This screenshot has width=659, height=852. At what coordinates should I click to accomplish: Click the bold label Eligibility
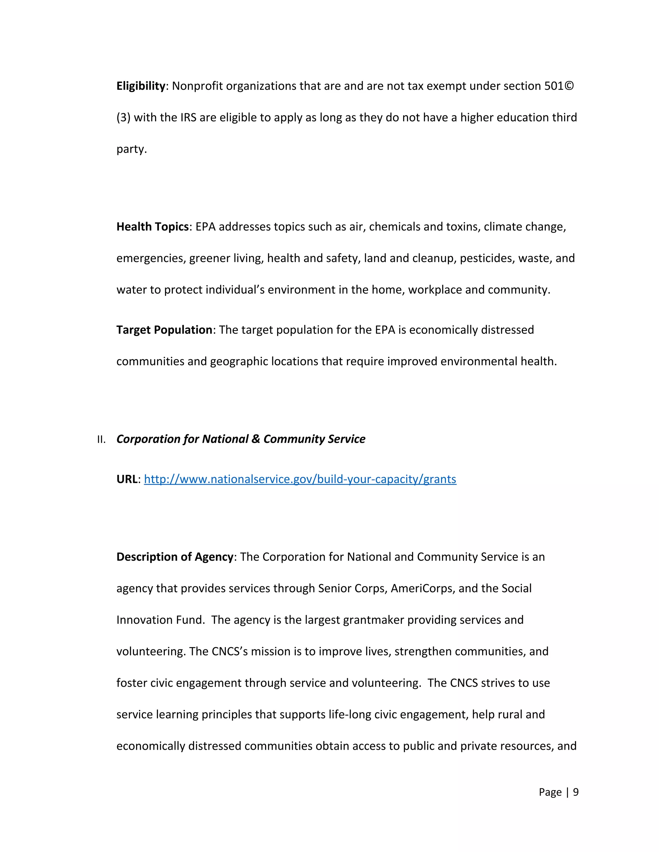coord(141,86)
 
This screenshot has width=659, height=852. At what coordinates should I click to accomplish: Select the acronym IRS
coord(188,117)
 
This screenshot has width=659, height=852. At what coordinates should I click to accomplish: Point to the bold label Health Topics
coord(152,227)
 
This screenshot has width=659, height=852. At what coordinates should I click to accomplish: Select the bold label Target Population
coord(164,330)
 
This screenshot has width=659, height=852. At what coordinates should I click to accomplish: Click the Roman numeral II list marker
coord(101,440)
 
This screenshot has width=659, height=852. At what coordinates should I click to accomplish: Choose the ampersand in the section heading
coord(256,439)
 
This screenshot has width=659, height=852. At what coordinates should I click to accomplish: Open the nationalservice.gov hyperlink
coord(300,479)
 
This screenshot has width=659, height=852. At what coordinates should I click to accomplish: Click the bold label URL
coord(127,479)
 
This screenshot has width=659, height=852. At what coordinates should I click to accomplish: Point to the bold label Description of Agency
coord(174,557)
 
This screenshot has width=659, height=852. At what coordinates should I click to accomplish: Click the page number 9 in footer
coord(575,792)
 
